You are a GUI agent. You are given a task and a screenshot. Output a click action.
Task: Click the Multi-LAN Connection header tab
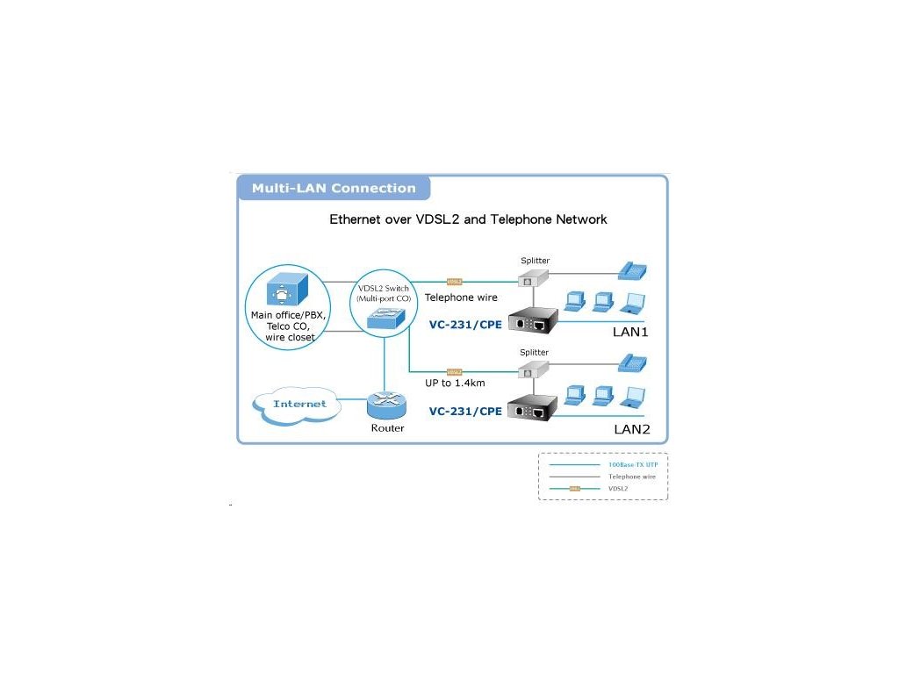pyautogui.click(x=334, y=188)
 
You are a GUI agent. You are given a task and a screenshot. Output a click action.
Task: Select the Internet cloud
pyautogui.click(x=299, y=404)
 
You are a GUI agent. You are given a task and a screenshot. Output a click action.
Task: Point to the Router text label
pyautogui.click(x=387, y=428)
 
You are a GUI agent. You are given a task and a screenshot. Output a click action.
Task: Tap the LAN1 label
pyautogui.click(x=629, y=333)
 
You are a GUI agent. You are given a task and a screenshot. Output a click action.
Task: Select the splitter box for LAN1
pyautogui.click(x=532, y=278)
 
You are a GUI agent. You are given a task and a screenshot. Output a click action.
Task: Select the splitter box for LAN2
pyautogui.click(x=532, y=371)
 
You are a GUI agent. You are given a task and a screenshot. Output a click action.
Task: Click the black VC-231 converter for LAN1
pyautogui.click(x=534, y=319)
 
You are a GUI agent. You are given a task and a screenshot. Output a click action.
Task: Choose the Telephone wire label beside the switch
pyautogui.click(x=461, y=298)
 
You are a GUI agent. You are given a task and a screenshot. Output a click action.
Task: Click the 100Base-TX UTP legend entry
pyautogui.click(x=632, y=463)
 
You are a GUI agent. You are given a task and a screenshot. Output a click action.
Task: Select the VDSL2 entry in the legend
pyautogui.click(x=618, y=488)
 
